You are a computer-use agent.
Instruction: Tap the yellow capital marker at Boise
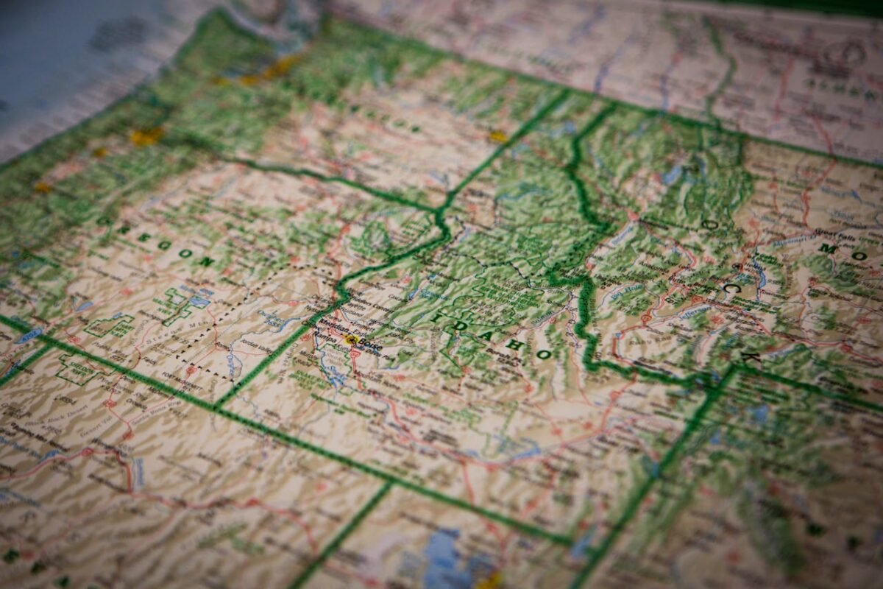click(x=351, y=339)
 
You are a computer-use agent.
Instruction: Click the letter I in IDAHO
click(x=437, y=317)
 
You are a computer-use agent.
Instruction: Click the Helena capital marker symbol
click(x=737, y=267)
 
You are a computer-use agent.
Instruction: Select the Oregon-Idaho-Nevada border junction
click(x=218, y=406)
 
